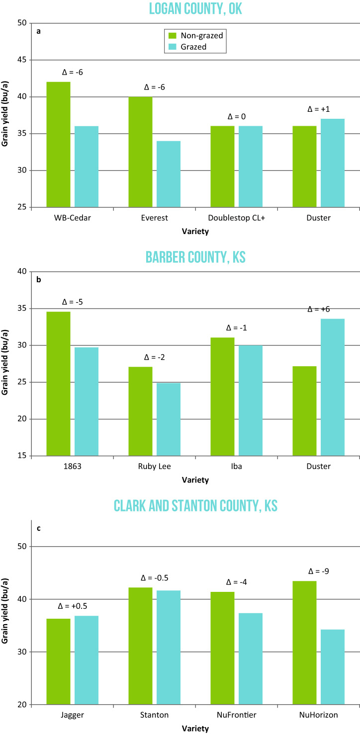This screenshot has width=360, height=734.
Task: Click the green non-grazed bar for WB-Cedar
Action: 58,144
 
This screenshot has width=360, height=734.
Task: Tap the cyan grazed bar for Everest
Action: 169,174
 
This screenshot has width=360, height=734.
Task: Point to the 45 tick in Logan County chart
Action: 21,60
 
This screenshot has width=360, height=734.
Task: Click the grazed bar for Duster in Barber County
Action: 333,387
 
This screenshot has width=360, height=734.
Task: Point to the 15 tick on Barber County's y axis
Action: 21,456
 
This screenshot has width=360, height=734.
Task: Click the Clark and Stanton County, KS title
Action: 194,506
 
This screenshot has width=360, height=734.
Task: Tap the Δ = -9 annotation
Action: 319,571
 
